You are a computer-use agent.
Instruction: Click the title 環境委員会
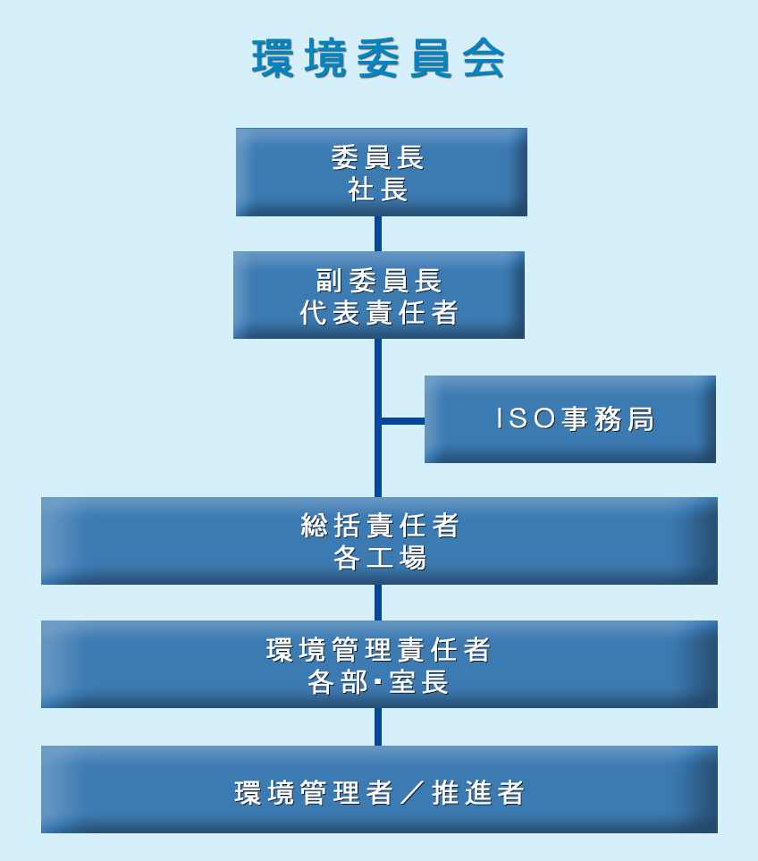point(379,60)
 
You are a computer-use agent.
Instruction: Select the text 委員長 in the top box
point(378,157)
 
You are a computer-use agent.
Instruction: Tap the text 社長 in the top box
point(378,190)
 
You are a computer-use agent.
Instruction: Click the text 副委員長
point(379,281)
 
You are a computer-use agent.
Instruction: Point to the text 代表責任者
point(379,313)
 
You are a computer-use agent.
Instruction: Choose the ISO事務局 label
point(576,419)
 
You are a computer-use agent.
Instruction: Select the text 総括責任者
point(380,526)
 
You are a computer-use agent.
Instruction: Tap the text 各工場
point(380,558)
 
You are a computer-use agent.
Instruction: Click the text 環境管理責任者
point(379,650)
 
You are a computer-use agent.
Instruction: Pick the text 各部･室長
point(378,682)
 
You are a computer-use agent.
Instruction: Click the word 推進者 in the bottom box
point(478,793)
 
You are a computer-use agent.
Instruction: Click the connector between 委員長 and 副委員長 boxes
point(378,233)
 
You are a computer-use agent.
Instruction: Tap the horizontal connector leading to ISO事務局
point(402,420)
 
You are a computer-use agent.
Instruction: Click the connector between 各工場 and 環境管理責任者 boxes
point(378,603)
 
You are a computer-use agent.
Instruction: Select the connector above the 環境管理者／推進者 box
point(378,727)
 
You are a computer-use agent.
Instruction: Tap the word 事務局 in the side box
point(608,419)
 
